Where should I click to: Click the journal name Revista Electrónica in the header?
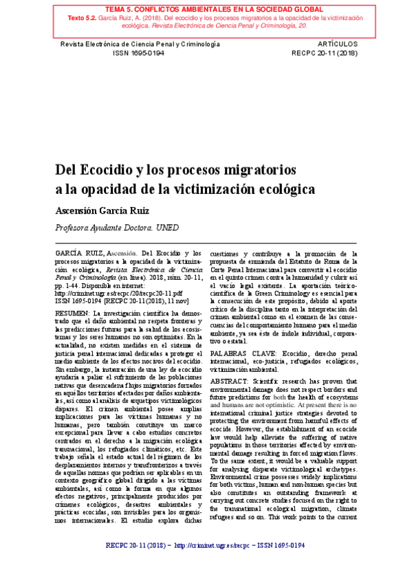[x=83, y=42]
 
